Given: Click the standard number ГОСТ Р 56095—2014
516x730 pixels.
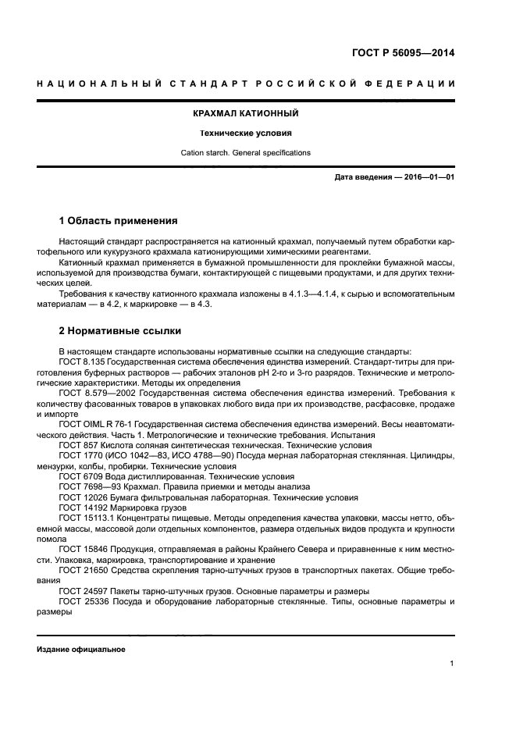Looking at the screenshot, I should [404, 54].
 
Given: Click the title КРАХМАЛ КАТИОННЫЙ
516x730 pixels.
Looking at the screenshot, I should [246, 113].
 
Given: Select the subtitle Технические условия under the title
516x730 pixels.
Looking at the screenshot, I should [246, 133].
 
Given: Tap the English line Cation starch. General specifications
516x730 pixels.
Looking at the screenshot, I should [246, 152].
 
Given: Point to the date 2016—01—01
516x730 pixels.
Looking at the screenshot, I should [427, 177].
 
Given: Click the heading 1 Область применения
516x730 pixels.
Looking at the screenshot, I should [119, 220].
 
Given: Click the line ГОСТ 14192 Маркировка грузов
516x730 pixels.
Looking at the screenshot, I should [114, 507].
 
